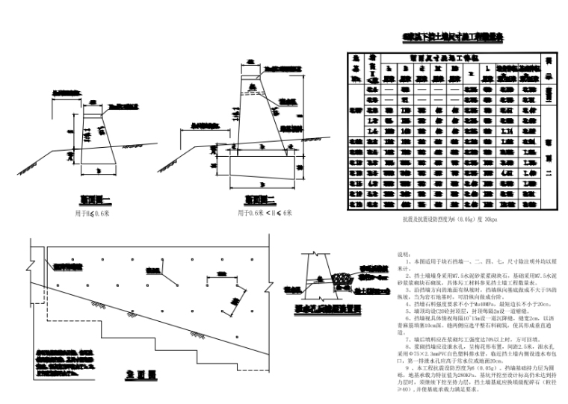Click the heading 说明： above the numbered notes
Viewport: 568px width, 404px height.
coord(403,254)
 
